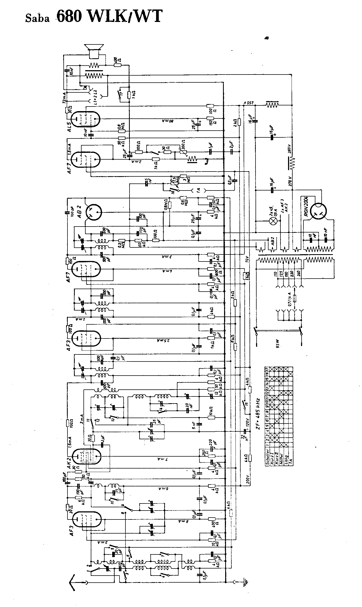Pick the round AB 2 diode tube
click(x=93, y=212)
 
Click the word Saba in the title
click(x=37, y=19)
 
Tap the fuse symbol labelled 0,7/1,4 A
click(x=295, y=299)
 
